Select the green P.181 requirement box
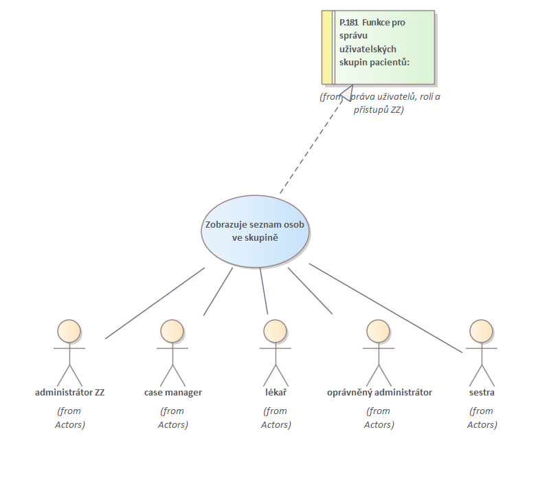(x=383, y=47)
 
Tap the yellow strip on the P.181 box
(x=327, y=47)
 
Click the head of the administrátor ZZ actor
(x=69, y=331)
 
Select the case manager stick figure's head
(x=172, y=331)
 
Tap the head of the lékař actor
(x=275, y=331)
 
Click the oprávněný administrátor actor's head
(x=378, y=331)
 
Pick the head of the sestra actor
(x=481, y=331)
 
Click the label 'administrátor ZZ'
(x=69, y=393)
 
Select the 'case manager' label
(x=173, y=393)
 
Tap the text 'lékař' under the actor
(x=275, y=393)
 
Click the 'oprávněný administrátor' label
(x=379, y=393)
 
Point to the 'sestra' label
(x=482, y=393)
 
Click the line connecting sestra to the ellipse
(x=385, y=307)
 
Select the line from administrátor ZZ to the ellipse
(x=155, y=303)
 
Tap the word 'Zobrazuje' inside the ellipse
(x=225, y=226)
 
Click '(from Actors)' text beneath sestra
(x=482, y=417)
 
